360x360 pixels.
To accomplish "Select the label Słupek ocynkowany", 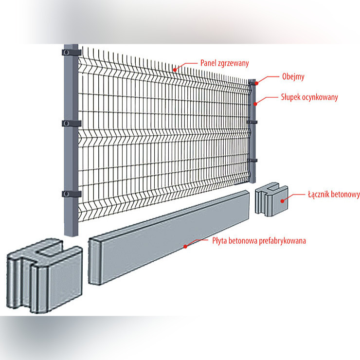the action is coord(309,97).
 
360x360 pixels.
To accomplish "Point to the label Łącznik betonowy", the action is coord(333,195).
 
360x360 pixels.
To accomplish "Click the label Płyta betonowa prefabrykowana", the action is coord(259,240).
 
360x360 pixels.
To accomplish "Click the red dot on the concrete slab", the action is coord(185,246).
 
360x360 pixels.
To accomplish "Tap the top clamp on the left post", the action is coord(72,51).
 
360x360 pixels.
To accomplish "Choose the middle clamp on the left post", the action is coord(72,123).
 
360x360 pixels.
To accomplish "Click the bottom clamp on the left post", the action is coord(72,194).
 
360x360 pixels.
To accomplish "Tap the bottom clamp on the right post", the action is coord(252,160).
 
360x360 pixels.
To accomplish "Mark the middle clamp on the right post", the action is coord(252,121).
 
